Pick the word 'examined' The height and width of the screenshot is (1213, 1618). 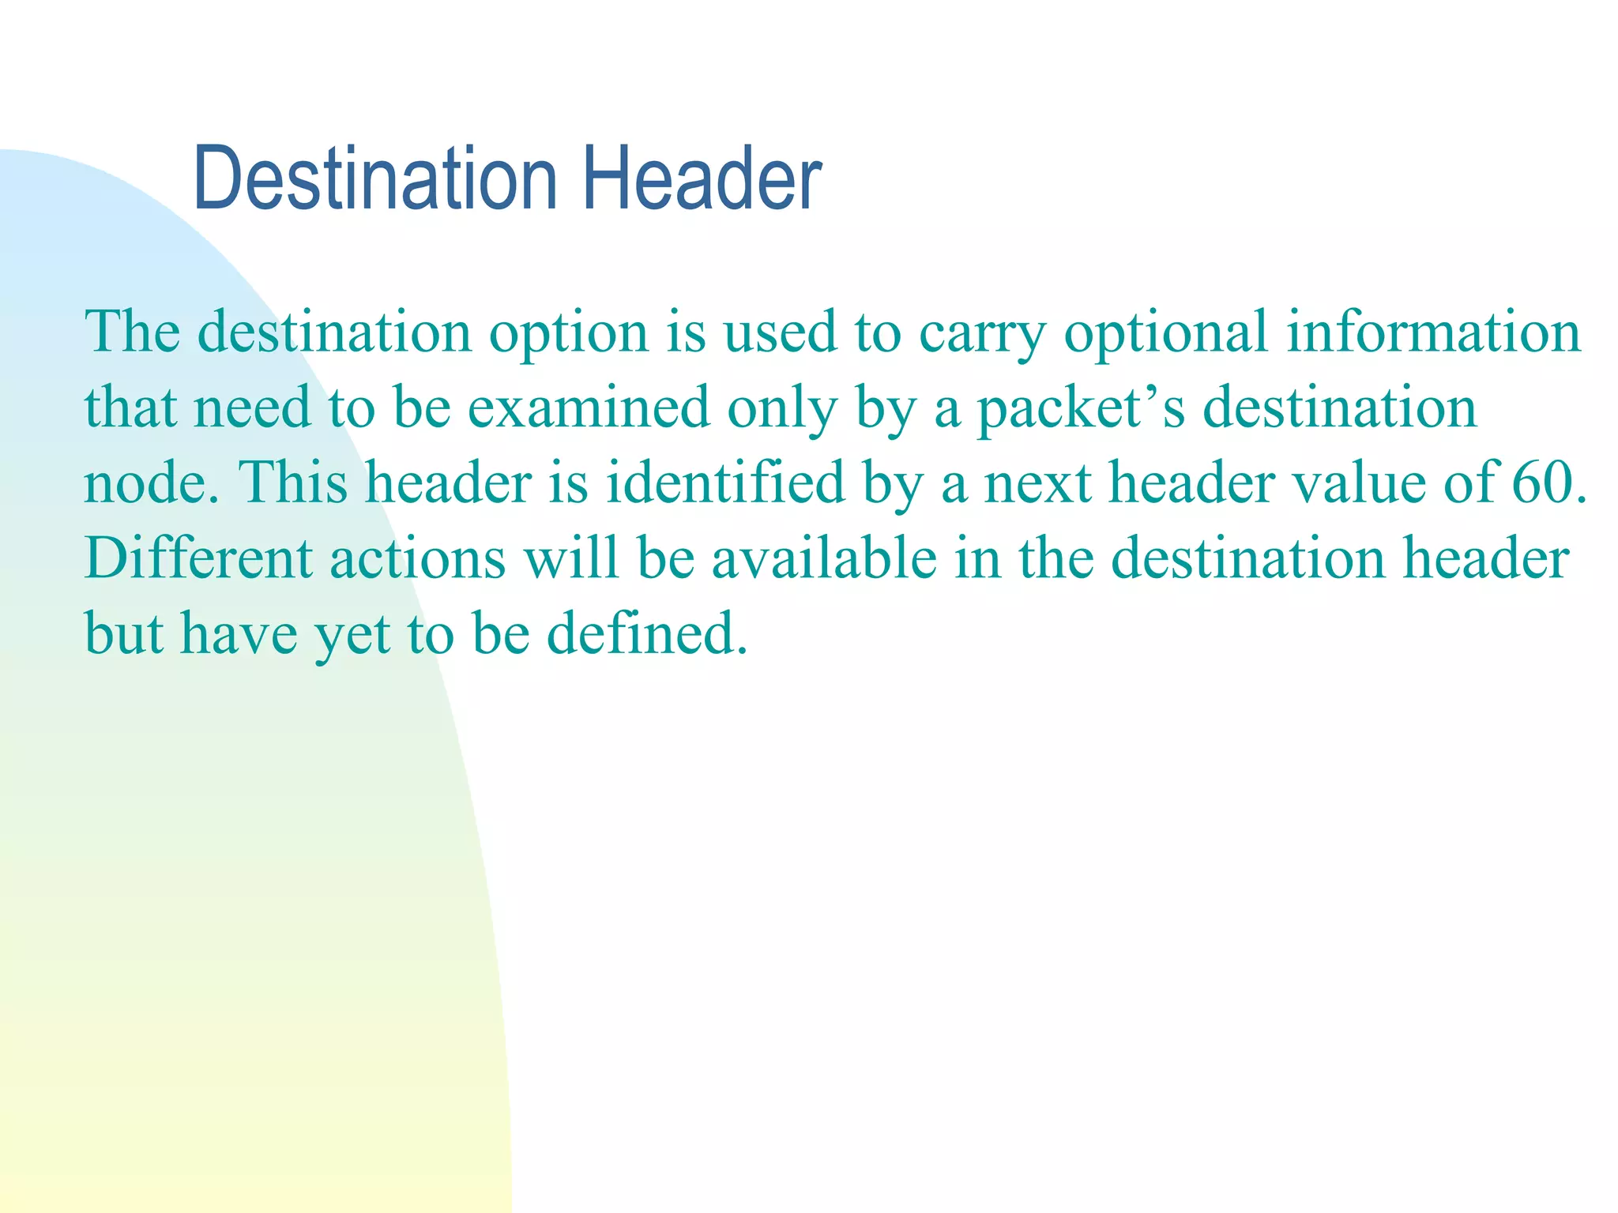pyautogui.click(x=589, y=407)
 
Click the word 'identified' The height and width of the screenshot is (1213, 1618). pyautogui.click(x=724, y=482)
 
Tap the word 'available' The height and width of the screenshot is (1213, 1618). pyautogui.click(x=824, y=558)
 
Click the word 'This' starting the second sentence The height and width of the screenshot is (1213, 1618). pyautogui.click(x=292, y=482)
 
